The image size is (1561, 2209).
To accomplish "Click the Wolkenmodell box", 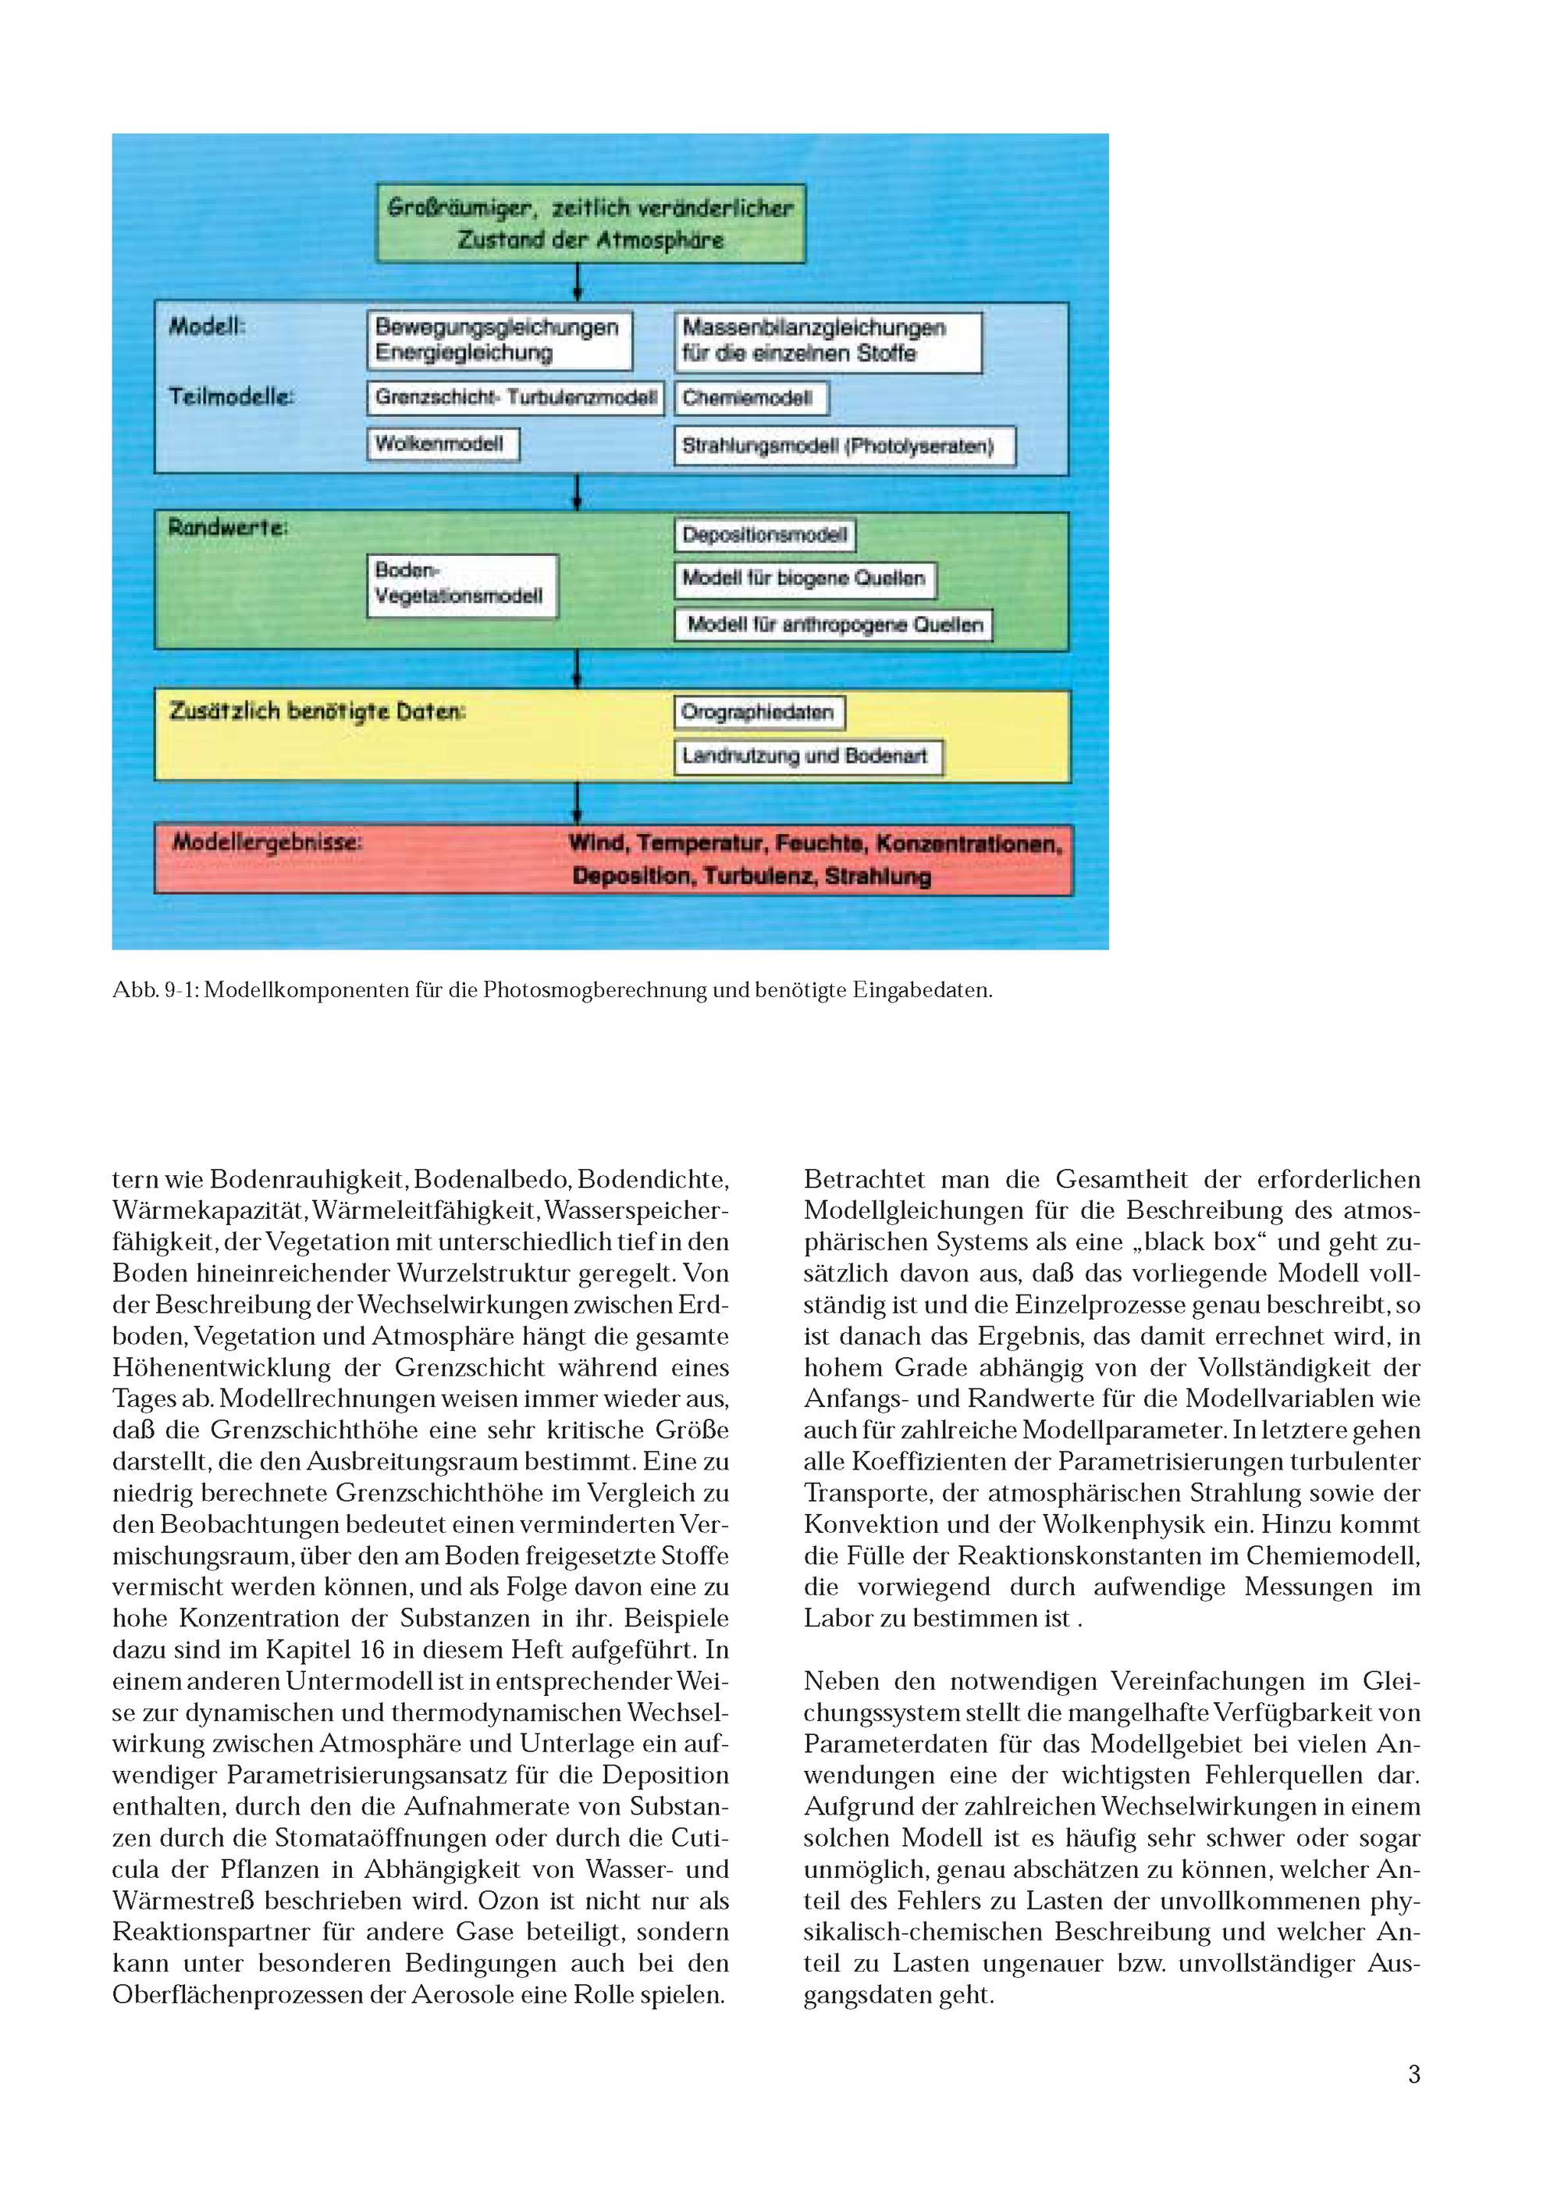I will coord(443,444).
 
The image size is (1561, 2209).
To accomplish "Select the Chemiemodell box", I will coord(750,398).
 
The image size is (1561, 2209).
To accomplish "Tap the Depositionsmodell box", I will coord(765,535).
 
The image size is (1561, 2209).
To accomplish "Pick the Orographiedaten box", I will coord(759,713).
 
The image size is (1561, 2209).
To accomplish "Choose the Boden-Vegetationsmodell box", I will coord(460,584).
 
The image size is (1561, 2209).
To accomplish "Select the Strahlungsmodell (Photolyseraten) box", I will coord(844,447).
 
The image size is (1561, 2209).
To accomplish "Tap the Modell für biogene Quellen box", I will coord(804,579).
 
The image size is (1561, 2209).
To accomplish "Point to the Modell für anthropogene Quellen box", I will coord(833,625).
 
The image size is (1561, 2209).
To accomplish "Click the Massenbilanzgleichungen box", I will coord(827,341).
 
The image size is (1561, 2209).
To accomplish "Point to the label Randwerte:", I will coord(229,528).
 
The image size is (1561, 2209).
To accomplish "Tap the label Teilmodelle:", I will coord(232,397).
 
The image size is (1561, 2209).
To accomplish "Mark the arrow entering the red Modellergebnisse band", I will coord(576,803).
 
